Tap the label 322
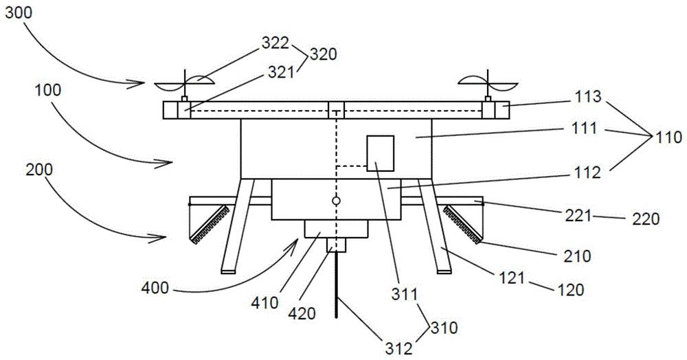[275, 43]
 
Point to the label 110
[668, 137]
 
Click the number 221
[577, 216]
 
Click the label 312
[399, 348]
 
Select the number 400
[155, 288]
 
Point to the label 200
[39, 170]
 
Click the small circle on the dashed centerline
[336, 201]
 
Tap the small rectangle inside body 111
[381, 153]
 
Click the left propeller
[184, 83]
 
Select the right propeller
[488, 83]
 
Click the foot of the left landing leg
[228, 271]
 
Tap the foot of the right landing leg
[444, 271]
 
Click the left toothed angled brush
[210, 224]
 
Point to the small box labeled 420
[337, 245]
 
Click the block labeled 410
[337, 229]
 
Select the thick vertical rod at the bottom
[337, 285]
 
